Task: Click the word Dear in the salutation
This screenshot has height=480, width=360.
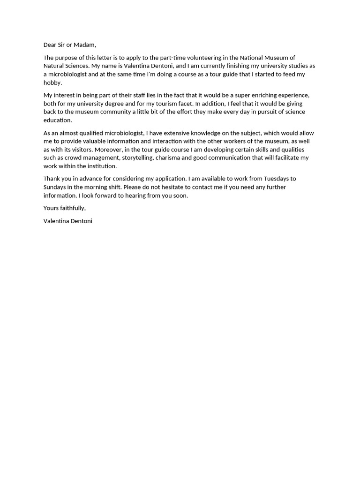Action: click(x=50, y=45)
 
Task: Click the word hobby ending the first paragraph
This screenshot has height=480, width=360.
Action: click(x=52, y=82)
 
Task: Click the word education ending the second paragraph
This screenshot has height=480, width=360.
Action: click(x=57, y=120)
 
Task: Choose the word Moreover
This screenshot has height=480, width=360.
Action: click(x=109, y=150)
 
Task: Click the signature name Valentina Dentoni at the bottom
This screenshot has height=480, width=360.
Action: click(x=68, y=221)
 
